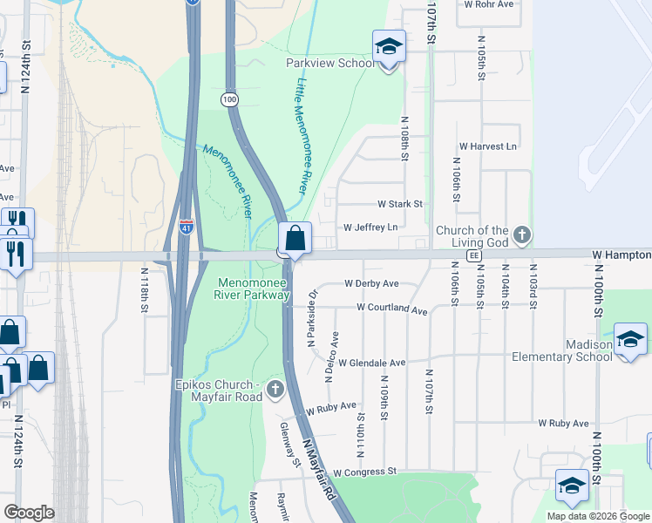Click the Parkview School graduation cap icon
coord(389,47)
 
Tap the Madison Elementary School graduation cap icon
coord(630,339)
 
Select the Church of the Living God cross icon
coord(521,234)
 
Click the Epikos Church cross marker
coord(275,389)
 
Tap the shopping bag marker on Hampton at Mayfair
coord(295,238)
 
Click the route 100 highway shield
coord(229,100)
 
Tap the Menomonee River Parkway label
coord(252,289)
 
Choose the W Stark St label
coord(399,204)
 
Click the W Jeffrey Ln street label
coord(370,228)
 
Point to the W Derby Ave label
coord(371,283)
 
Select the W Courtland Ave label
coord(391,309)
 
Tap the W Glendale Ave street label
coord(372,363)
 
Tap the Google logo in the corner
coord(29,513)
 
